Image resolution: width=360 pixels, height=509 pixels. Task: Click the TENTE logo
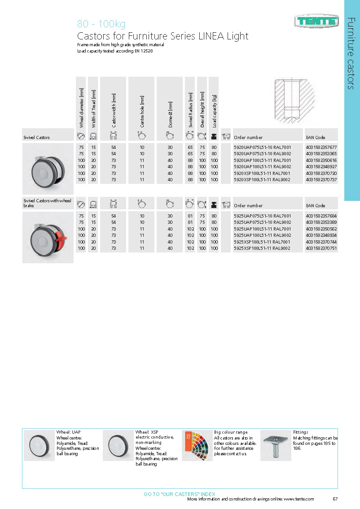tap(316, 21)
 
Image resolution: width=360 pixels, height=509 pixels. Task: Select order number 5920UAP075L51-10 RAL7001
tap(262, 147)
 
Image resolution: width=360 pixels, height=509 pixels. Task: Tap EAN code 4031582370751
tap(321, 248)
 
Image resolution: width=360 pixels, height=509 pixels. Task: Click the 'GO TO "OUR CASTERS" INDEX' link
tap(180, 494)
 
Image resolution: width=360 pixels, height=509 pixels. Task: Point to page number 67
tap(335, 499)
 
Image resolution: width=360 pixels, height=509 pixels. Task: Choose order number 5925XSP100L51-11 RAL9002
tap(262, 248)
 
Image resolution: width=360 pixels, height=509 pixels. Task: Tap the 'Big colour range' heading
tap(231, 432)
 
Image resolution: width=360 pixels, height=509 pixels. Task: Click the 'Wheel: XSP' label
tap(147, 432)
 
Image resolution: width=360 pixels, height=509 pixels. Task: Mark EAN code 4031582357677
tap(321, 147)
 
